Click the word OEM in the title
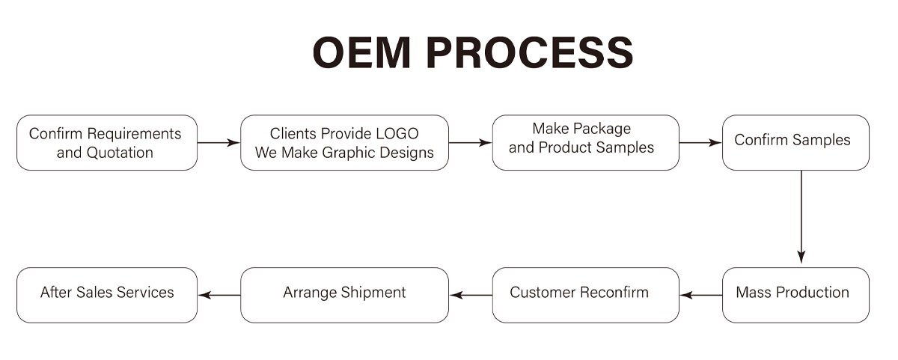click(361, 52)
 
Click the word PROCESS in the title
click(530, 52)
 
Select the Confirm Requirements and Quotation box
click(107, 143)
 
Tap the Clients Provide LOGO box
click(344, 143)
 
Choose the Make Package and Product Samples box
click(586, 143)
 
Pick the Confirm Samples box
click(795, 143)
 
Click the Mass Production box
click(795, 295)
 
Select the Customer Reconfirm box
click(586, 295)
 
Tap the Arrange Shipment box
click(344, 295)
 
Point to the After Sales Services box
click(107, 295)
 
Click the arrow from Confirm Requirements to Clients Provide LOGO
click(219, 143)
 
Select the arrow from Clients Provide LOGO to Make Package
click(470, 143)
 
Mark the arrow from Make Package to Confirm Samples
click(700, 143)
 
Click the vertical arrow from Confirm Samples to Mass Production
click(801, 217)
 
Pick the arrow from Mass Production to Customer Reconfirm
click(701, 295)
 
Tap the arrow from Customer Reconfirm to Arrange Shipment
click(471, 295)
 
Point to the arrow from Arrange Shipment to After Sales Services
click(219, 295)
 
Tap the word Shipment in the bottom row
click(373, 293)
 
